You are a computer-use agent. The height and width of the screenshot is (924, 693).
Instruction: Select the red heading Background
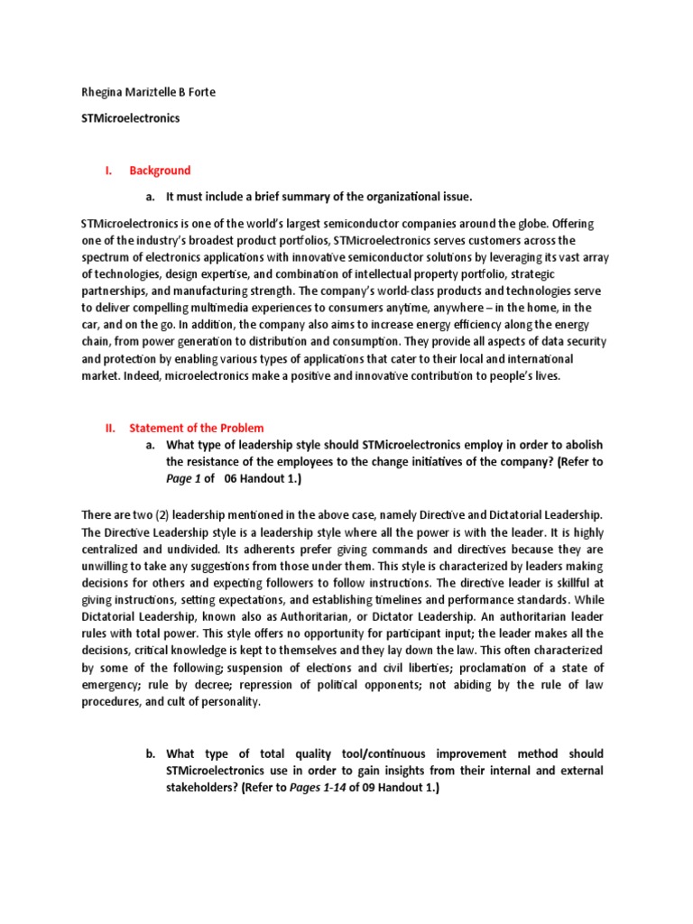point(160,171)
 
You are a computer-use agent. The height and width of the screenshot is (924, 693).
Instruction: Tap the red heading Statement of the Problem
point(197,428)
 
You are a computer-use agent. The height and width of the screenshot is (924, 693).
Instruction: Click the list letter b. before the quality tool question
point(151,753)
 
